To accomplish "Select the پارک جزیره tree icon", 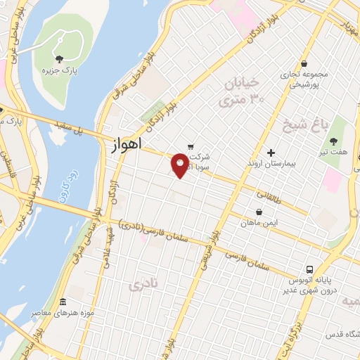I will pyautogui.click(x=59, y=58).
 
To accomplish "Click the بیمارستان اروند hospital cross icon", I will pyautogui.click(x=271, y=153).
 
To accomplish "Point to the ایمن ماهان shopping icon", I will pyautogui.click(x=259, y=212).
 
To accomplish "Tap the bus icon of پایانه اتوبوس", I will pyautogui.click(x=309, y=269).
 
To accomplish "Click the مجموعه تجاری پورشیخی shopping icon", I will pyautogui.click(x=303, y=63).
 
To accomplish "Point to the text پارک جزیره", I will pyautogui.click(x=58, y=71).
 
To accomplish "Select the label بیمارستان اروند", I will pyautogui.click(x=271, y=165).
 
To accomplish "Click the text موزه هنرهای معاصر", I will pyautogui.click(x=63, y=313).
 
